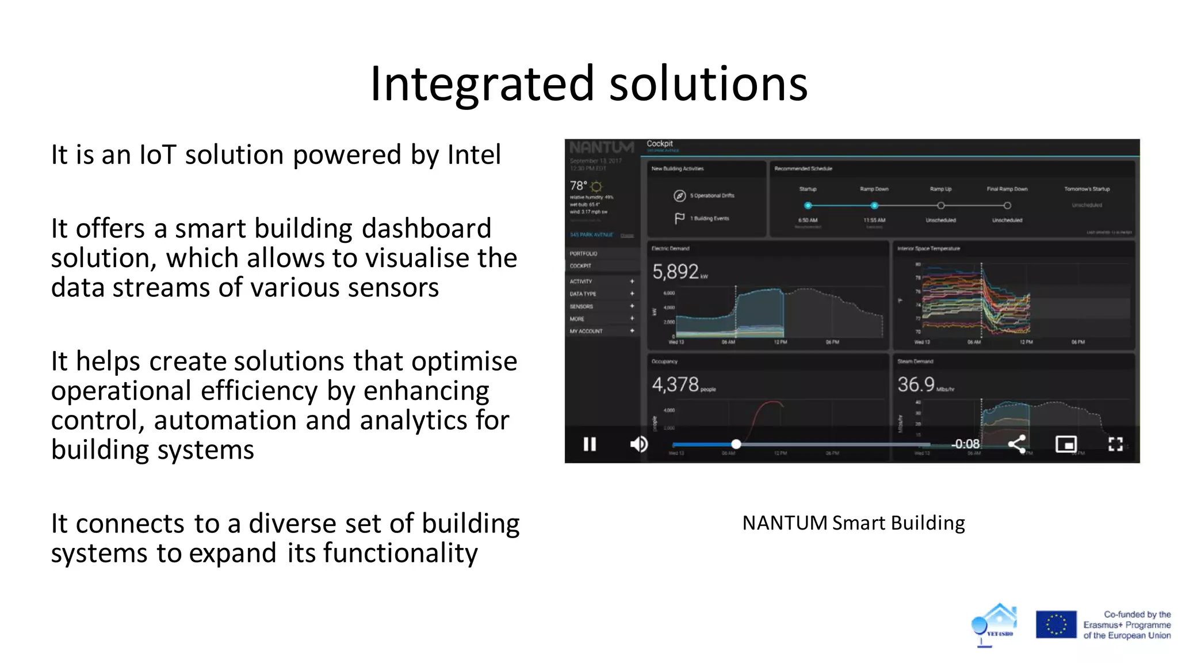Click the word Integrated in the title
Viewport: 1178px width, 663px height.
click(x=481, y=85)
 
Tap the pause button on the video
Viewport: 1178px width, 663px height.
click(x=590, y=444)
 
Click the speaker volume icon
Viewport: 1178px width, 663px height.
click(x=638, y=444)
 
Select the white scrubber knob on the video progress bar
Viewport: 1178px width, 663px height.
click(x=736, y=444)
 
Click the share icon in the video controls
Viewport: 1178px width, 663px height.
click(x=1016, y=444)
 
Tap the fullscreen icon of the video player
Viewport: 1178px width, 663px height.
click(x=1115, y=444)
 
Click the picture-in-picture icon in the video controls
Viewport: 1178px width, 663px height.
click(x=1066, y=444)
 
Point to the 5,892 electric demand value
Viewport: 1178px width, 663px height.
click(x=675, y=272)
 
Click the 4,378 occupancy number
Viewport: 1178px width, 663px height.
click(x=675, y=384)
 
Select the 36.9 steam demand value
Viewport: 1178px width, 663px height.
click(x=916, y=384)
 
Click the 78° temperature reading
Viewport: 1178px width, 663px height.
click(x=578, y=186)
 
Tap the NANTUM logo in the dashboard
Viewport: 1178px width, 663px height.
click(x=602, y=148)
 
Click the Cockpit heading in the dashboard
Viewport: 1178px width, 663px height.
click(x=659, y=144)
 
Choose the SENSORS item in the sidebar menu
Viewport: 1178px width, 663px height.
click(x=582, y=307)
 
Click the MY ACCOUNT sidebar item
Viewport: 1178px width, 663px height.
click(x=586, y=331)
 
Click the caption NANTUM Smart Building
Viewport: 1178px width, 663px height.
click(x=853, y=523)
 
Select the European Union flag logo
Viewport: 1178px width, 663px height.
click(x=1055, y=624)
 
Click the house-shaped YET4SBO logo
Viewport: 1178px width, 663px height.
click(x=996, y=624)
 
